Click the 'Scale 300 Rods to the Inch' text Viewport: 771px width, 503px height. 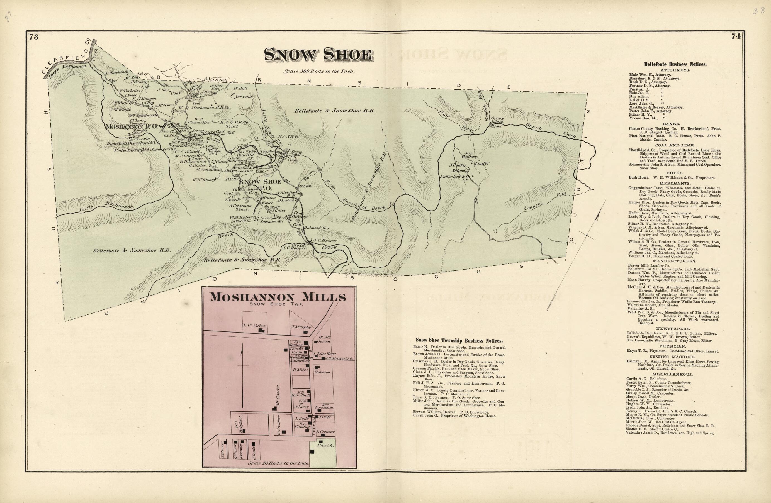click(319, 72)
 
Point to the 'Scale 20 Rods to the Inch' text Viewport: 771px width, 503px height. click(278, 463)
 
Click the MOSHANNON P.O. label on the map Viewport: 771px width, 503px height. click(132, 127)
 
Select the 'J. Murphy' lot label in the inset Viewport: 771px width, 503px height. click(301, 327)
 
